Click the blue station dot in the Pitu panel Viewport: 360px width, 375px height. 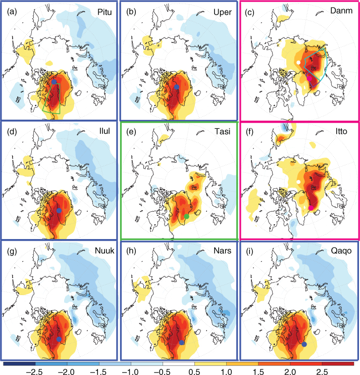[x=54, y=82]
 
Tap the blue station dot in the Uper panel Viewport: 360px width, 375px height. [x=177, y=87]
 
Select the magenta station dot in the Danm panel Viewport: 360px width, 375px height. [x=310, y=78]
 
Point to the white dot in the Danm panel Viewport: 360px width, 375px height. [x=298, y=63]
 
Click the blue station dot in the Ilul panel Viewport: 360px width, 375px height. [x=59, y=210]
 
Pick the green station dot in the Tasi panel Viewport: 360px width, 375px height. [x=187, y=216]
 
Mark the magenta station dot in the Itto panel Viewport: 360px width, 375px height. [x=311, y=208]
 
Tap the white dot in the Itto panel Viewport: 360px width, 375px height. [x=298, y=182]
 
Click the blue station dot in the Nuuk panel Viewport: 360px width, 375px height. [x=59, y=339]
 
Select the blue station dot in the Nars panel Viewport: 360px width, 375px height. [x=182, y=343]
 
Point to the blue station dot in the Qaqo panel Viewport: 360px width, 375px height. [x=304, y=344]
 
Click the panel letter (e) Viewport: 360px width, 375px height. [x=131, y=131]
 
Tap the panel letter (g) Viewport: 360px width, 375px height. [x=12, y=251]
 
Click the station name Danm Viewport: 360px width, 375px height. [x=341, y=11]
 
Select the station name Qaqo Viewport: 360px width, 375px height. [x=341, y=251]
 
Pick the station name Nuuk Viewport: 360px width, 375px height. [x=105, y=250]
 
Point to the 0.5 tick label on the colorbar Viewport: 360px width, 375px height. [x=194, y=371]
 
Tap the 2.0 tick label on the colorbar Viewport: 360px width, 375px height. [x=290, y=371]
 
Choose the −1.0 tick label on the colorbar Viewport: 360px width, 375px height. [x=131, y=371]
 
